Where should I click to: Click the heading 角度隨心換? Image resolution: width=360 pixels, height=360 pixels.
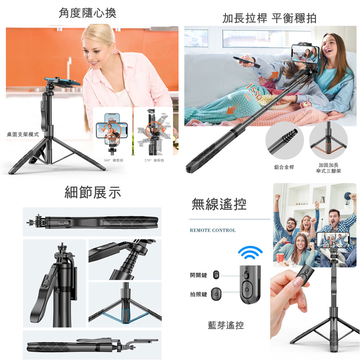coord(87,13)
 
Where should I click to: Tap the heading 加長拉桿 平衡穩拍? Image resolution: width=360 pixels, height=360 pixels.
coord(269,18)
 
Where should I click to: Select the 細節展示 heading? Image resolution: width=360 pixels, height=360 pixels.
coord(93,192)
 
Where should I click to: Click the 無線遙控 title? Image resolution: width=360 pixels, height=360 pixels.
coord(219,204)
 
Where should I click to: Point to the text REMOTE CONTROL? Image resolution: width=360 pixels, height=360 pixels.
coord(213,230)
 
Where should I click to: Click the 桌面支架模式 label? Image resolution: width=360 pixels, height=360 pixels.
coord(23,134)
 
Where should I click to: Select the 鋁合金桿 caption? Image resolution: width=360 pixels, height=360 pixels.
coord(284,167)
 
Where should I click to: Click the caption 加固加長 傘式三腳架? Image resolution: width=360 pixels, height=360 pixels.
coord(328,168)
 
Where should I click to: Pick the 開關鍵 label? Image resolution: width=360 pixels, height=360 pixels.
coord(198,275)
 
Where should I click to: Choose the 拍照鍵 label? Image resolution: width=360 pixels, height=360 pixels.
coord(198,294)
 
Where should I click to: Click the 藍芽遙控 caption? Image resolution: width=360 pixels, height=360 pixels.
coord(226,325)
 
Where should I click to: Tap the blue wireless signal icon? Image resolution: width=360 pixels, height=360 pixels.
coord(250,252)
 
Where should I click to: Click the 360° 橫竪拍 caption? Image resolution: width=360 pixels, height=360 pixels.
coord(113,160)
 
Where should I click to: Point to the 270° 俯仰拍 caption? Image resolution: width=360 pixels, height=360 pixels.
coord(154,160)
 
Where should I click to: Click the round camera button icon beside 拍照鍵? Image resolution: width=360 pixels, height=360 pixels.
coord(216,294)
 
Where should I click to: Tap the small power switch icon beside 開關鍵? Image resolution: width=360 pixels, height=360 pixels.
coord(216,275)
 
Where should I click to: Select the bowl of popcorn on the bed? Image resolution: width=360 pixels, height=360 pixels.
coord(273,102)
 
